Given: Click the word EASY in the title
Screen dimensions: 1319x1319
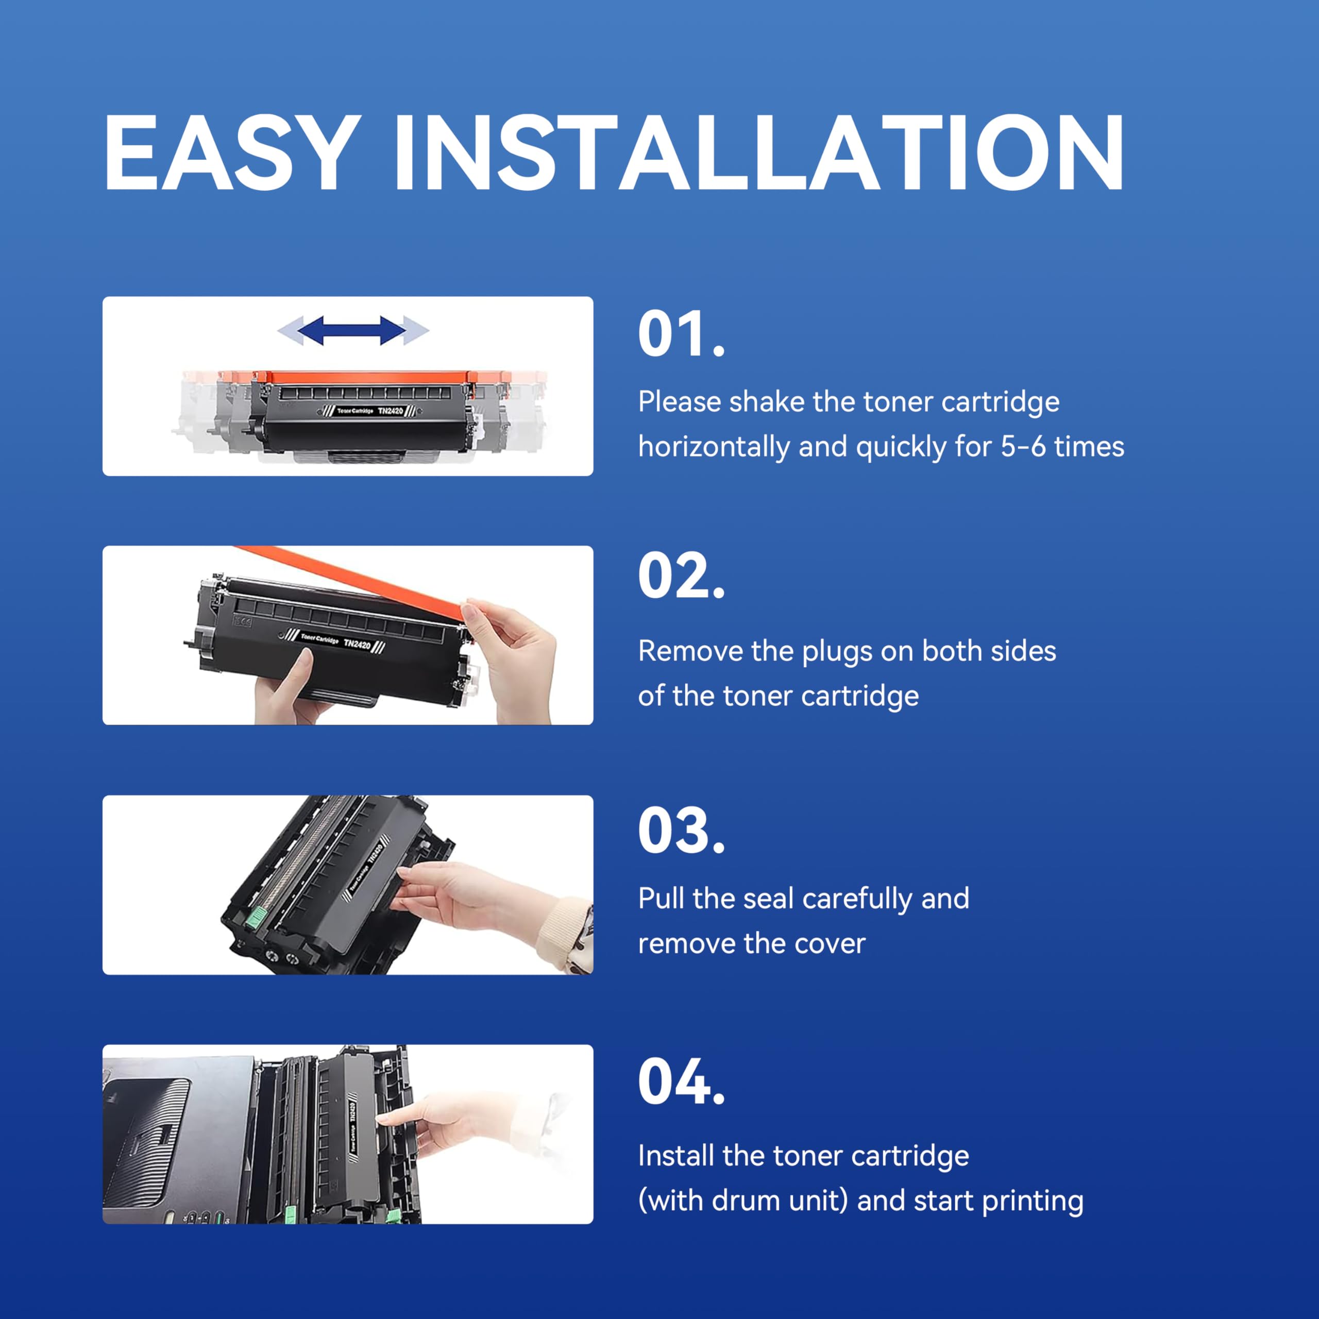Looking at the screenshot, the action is click(x=232, y=153).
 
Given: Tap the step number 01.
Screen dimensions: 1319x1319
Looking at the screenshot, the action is click(x=681, y=334).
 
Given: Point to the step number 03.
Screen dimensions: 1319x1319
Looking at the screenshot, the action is click(x=681, y=831).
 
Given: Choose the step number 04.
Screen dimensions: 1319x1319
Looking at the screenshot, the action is click(x=681, y=1081).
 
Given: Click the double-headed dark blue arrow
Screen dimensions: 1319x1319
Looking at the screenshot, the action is click(x=352, y=330).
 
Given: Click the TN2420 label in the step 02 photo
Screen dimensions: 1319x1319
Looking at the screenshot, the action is click(x=357, y=644).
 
